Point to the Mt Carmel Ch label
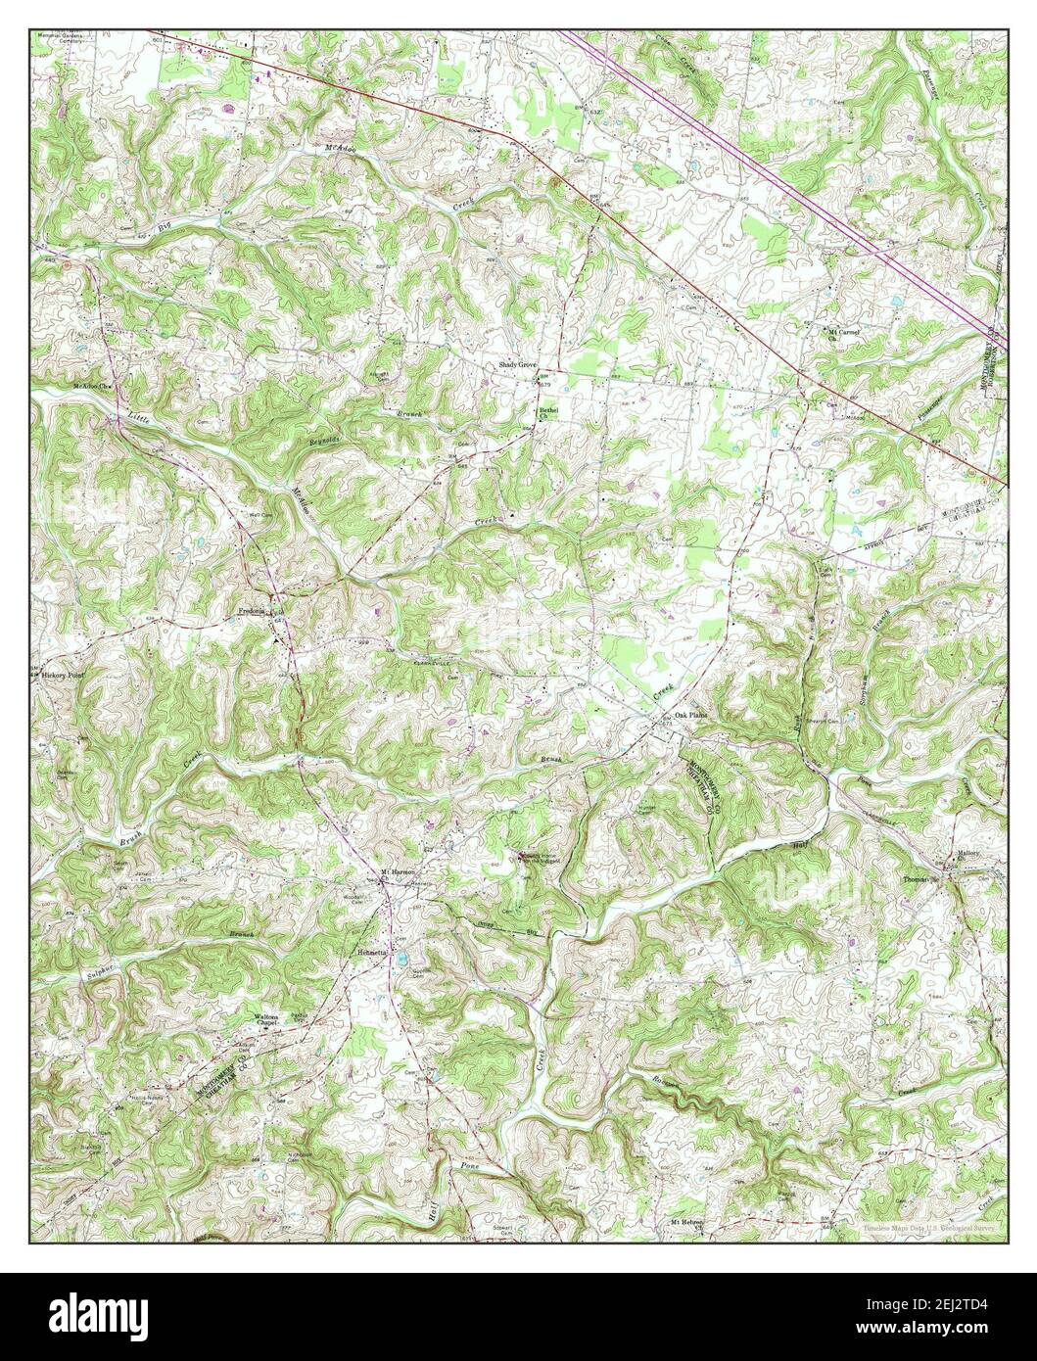[843, 334]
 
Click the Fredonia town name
[255, 611]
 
